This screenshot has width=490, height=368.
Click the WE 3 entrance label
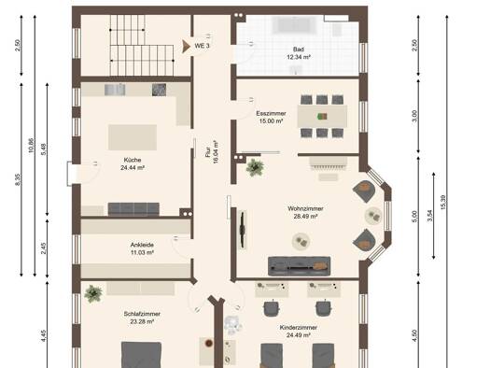202,46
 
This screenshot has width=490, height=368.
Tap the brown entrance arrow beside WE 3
187,47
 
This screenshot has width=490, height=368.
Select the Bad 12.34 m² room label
299,53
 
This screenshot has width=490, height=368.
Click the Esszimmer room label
271,117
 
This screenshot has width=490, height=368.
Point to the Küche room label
133,163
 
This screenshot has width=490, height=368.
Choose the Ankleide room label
142,248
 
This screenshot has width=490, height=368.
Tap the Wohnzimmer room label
305,212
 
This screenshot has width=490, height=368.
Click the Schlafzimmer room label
142,318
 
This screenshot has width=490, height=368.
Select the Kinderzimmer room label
299,331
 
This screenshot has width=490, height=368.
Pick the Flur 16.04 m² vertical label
212,152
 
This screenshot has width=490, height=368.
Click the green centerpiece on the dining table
322,117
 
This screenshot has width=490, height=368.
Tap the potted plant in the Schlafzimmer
93,293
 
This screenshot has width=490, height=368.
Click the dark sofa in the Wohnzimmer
299,266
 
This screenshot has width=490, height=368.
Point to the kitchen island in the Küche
133,137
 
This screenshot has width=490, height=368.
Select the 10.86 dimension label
31,146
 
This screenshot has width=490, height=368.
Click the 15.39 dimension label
442,203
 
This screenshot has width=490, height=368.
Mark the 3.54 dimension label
430,216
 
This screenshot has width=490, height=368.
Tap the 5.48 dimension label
44,149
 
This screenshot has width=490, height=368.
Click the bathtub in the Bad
295,25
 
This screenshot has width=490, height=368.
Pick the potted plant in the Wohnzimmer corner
255,167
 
